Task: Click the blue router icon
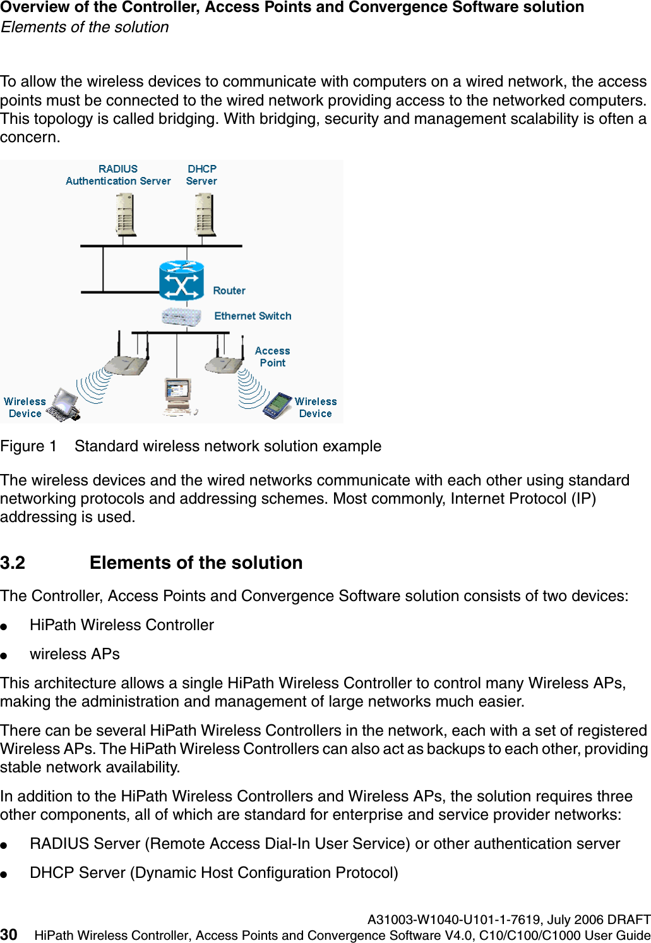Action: click(181, 280)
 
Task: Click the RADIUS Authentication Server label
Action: click(118, 175)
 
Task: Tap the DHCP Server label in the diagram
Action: click(201, 175)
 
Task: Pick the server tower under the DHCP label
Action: click(205, 214)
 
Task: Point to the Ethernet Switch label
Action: click(253, 316)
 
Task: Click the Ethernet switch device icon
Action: click(181, 316)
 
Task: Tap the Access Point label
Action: click(272, 357)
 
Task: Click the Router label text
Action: click(229, 291)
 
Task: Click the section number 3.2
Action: click(13, 563)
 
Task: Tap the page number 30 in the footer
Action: click(9, 935)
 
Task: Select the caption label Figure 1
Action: click(28, 446)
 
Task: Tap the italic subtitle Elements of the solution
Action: click(85, 27)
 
